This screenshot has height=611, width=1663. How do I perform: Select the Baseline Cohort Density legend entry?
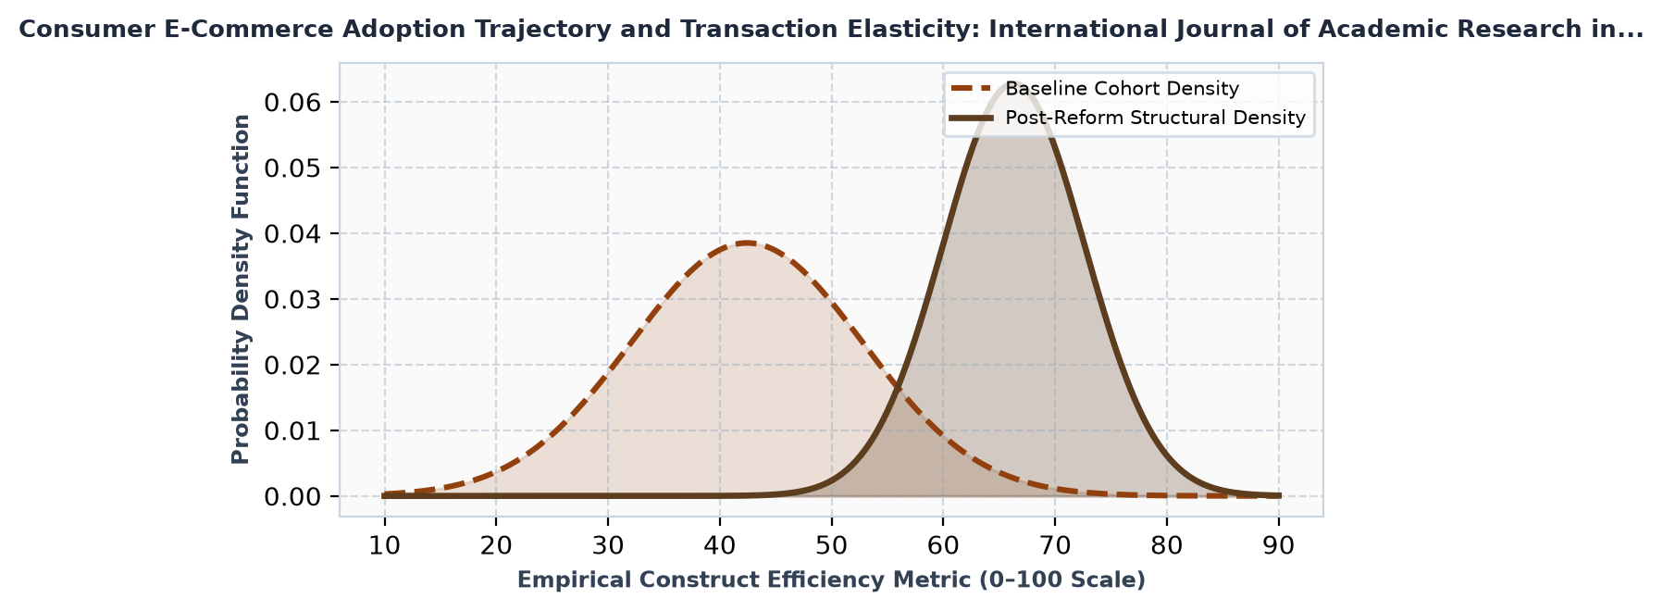[1095, 89]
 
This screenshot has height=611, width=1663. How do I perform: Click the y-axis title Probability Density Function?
[241, 289]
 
